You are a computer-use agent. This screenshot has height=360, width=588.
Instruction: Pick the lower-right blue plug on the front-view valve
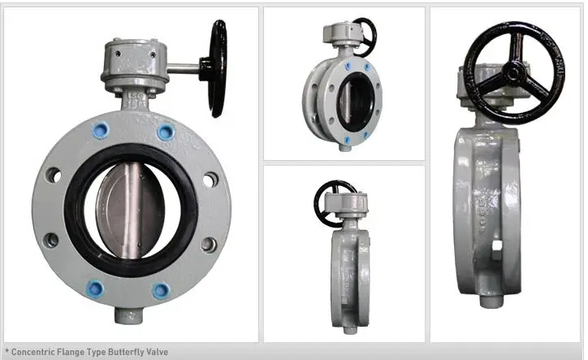point(162,289)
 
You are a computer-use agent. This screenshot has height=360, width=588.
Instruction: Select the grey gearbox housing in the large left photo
point(133,66)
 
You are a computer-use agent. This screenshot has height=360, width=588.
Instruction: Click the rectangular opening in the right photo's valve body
point(497,243)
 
